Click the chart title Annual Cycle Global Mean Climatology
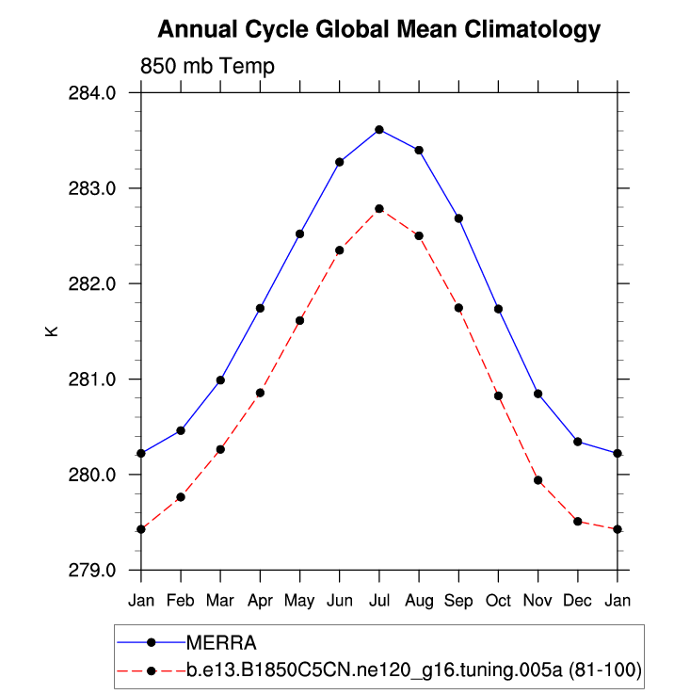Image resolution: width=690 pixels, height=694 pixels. tap(378, 30)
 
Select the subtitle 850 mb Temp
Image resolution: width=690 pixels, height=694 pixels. tap(207, 67)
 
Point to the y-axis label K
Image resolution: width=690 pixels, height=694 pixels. tap(53, 331)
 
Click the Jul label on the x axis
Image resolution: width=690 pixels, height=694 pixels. tap(379, 600)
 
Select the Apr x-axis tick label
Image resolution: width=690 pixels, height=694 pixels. tap(260, 600)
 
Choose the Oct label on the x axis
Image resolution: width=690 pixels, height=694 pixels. tap(498, 600)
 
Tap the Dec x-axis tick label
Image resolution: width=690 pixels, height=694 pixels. tap(577, 600)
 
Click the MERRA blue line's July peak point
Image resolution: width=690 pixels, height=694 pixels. tap(379, 129)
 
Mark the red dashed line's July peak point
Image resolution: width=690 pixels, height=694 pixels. tap(379, 208)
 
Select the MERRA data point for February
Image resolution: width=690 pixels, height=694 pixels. tap(181, 430)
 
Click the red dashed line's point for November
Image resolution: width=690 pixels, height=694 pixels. tap(538, 480)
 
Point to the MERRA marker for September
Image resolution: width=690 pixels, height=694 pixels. tap(458, 218)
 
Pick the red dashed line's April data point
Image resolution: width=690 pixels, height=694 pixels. tap(260, 393)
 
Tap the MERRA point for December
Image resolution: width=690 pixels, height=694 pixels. tap(577, 442)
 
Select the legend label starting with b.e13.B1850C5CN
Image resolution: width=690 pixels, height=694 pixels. tap(413, 670)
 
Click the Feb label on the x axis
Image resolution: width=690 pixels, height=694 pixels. tap(181, 600)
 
